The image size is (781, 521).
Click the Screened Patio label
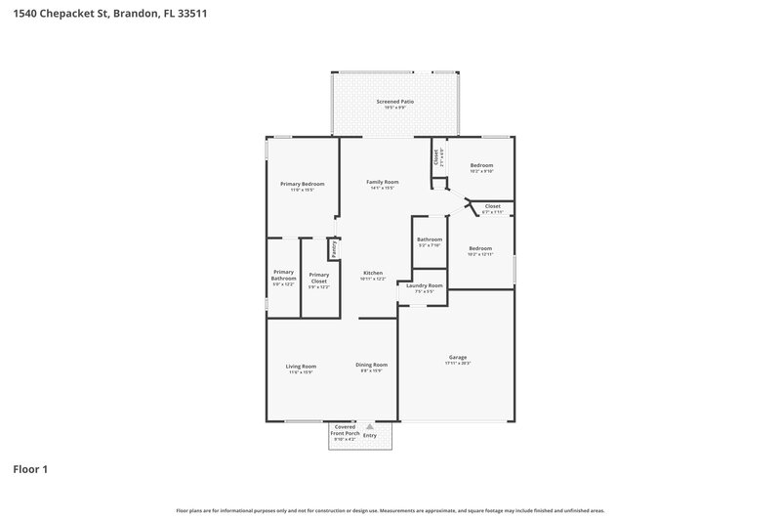[x=395, y=102]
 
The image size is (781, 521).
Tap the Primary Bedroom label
[x=302, y=184]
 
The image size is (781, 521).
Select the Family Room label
[x=382, y=183]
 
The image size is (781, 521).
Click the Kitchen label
[x=373, y=273]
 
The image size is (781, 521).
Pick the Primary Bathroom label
[x=283, y=275]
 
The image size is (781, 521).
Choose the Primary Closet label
[x=318, y=278]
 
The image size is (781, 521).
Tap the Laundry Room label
[x=425, y=285]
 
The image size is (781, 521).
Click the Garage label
[x=457, y=358]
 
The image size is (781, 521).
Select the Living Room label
[x=301, y=366]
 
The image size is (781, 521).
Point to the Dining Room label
[x=371, y=366]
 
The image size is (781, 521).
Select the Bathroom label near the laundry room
[x=430, y=239]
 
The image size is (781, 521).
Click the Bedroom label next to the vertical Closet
[x=481, y=165]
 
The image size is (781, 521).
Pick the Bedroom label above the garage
[x=481, y=248]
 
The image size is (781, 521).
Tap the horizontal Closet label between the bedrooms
[x=492, y=206]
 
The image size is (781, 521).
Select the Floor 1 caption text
[x=30, y=469]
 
